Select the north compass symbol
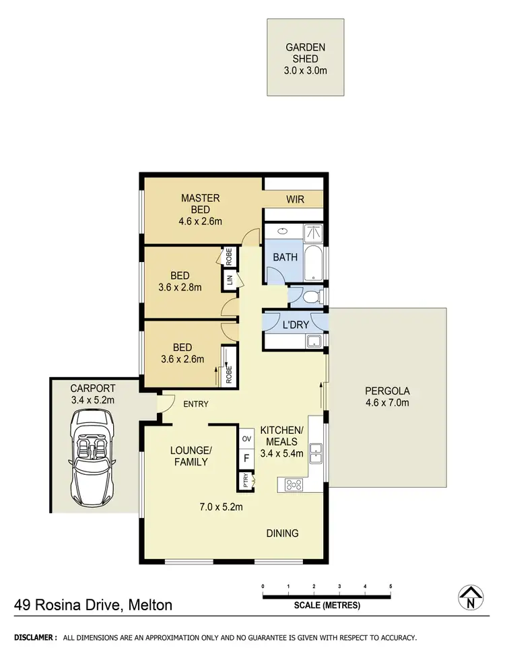[x=474, y=597]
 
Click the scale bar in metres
[x=327, y=596]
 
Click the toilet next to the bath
[x=310, y=296]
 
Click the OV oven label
[x=246, y=438]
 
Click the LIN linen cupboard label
[x=229, y=280]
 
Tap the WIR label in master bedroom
[x=294, y=199]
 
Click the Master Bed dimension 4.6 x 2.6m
[x=201, y=221]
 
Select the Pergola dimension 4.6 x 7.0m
[x=387, y=403]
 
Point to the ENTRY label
[x=195, y=404]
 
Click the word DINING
[x=282, y=533]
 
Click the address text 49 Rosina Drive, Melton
[x=94, y=606]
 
